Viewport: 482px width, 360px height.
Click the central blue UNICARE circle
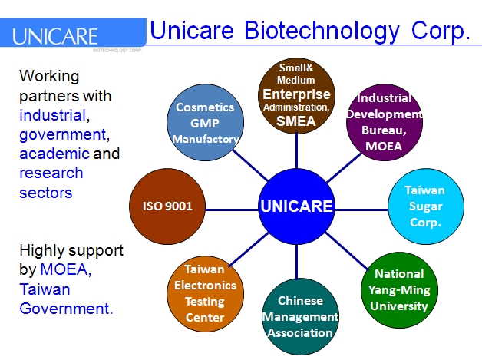coord(295,206)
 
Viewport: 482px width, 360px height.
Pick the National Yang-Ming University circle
coord(399,289)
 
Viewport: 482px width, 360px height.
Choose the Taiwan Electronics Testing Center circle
coord(204,292)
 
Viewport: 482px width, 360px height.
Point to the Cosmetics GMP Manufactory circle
coord(206,124)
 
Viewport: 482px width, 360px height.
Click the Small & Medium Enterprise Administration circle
coord(296,94)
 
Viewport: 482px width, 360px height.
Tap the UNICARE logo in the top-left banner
coord(55,36)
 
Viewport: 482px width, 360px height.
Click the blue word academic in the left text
coord(54,154)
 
